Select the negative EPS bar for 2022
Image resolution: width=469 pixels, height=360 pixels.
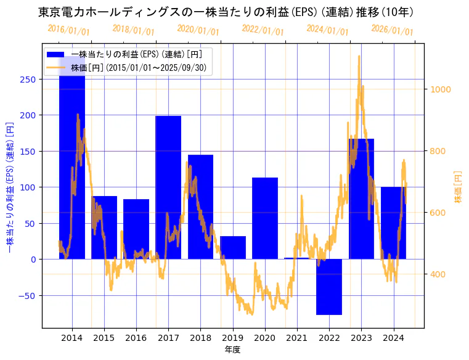pyautogui.click(x=329, y=287)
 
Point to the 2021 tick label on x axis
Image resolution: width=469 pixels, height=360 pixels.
pyautogui.click(x=297, y=338)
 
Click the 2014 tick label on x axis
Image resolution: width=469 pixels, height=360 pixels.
pyautogui.click(x=72, y=338)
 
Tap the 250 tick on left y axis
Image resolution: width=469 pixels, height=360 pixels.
pyautogui.click(x=28, y=79)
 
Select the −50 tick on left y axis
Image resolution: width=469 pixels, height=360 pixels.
pyautogui.click(x=27, y=295)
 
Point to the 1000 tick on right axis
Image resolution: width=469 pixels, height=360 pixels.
pyautogui.click(x=441, y=89)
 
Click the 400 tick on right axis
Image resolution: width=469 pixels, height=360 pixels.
pyautogui.click(x=439, y=274)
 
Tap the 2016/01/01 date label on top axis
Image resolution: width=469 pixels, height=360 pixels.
pyautogui.click(x=68, y=30)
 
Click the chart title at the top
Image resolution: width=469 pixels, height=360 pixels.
pyautogui.click(x=226, y=12)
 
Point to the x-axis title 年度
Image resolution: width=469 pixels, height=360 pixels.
pyautogui.click(x=232, y=350)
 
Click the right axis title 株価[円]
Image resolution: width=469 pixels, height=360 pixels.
pyautogui.click(x=459, y=187)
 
